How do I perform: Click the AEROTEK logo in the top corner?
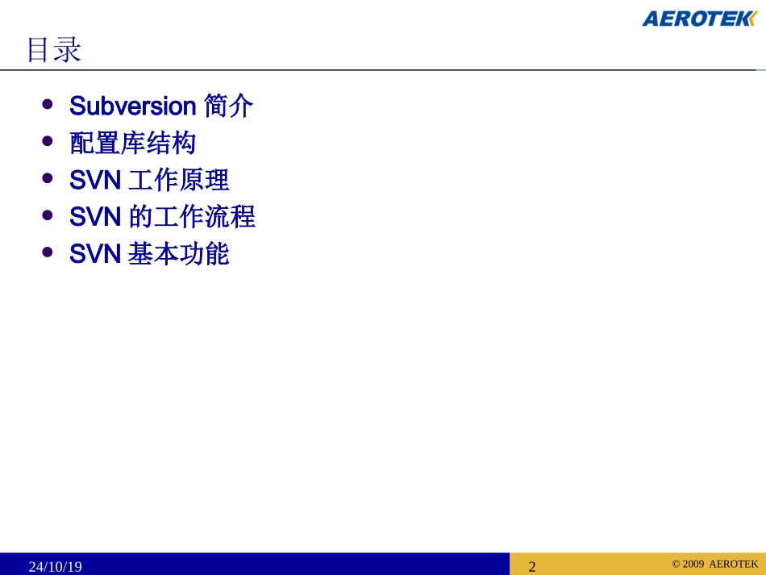pos(698,19)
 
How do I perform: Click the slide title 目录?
pos(54,50)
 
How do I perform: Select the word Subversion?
pos(133,106)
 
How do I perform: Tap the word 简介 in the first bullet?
pos(229,106)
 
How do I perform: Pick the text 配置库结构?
pos(133,144)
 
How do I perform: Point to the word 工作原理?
pos(178,180)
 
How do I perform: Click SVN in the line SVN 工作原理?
pos(95,180)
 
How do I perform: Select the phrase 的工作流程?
pos(192,217)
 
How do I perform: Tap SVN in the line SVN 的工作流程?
pos(95,217)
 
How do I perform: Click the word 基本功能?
pos(178,254)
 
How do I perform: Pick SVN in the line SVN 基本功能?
pos(95,254)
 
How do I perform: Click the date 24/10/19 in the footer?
pos(56,566)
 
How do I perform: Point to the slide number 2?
pos(532,566)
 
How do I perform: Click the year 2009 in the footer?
pos(693,564)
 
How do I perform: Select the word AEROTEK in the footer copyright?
pos(734,564)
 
